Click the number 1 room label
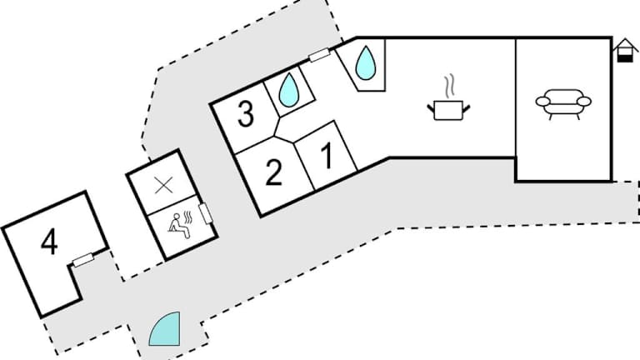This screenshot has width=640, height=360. [x=327, y=157]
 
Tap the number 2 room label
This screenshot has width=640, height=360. [x=273, y=172]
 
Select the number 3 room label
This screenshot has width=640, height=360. [x=245, y=114]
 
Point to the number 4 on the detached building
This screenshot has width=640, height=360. [x=49, y=241]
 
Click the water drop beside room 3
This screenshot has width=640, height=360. [x=288, y=90]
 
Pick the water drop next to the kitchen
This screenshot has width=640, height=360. [x=365, y=62]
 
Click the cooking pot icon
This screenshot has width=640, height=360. [x=448, y=110]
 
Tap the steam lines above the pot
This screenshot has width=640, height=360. [x=449, y=86]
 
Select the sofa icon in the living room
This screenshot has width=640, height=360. [x=563, y=104]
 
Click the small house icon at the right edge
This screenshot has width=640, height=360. [x=625, y=51]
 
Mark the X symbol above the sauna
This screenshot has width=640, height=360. [x=163, y=186]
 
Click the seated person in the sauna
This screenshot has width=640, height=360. [x=179, y=226]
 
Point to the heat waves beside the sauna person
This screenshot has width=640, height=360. [x=187, y=217]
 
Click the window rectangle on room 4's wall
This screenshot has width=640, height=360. [x=83, y=260]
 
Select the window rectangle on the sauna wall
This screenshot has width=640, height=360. [x=205, y=213]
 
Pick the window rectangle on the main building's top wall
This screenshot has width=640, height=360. [x=319, y=55]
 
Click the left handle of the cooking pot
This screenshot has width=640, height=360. [x=431, y=108]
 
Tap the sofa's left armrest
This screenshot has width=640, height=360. [x=543, y=101]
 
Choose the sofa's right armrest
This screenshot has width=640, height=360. [x=583, y=101]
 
